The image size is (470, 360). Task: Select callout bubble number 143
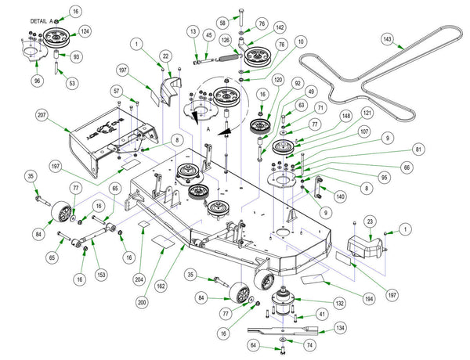tap(408, 38)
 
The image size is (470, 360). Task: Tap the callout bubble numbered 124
tap(85, 31)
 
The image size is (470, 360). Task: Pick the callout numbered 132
tap(339, 302)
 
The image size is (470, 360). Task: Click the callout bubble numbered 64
tap(253, 345)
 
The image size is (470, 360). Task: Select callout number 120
tap(278, 80)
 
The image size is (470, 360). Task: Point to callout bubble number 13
tap(192, 31)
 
